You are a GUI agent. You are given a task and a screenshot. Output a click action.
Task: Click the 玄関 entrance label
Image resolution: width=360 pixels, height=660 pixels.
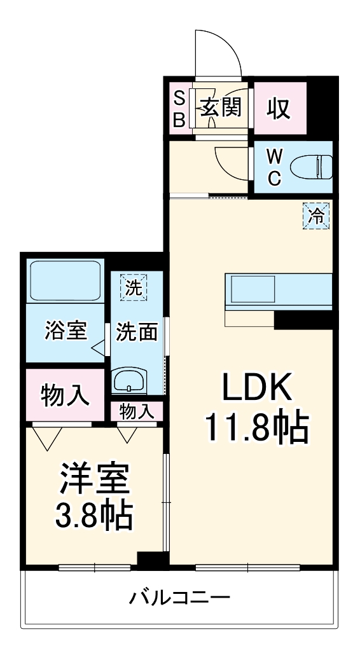221,107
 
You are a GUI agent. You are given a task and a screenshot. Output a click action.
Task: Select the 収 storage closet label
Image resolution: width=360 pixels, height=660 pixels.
279,109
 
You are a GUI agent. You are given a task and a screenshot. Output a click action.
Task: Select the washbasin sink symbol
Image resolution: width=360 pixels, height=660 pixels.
129,381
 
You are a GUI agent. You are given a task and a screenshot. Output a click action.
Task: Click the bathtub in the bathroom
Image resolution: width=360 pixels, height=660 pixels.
65,280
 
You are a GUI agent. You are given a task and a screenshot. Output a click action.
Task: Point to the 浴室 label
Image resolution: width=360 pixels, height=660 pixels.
66,331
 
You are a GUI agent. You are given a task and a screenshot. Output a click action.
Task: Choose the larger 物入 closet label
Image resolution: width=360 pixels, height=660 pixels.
66,395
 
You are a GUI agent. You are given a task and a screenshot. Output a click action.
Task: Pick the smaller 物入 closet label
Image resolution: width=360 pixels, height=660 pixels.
136,411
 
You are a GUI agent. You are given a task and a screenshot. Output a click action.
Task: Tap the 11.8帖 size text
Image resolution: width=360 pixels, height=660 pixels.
257,429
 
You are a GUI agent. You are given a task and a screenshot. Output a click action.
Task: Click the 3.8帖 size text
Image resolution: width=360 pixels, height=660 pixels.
94,516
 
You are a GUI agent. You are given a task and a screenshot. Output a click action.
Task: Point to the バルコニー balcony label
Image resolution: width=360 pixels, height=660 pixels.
179,597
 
